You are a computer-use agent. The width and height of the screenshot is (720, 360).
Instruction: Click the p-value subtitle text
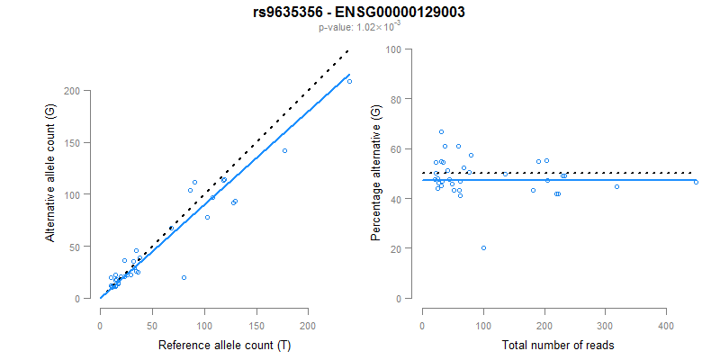(x=359, y=27)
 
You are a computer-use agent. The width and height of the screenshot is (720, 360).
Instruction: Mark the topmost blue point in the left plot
(x=349, y=82)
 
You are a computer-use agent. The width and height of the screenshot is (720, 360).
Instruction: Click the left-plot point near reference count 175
(x=284, y=150)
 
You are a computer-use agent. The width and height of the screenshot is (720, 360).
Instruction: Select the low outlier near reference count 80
(x=184, y=278)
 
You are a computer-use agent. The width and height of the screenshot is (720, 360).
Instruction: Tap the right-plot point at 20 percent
(x=483, y=247)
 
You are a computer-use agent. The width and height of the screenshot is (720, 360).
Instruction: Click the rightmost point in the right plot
(x=696, y=182)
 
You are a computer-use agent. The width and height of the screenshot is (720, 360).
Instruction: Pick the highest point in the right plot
(x=441, y=131)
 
